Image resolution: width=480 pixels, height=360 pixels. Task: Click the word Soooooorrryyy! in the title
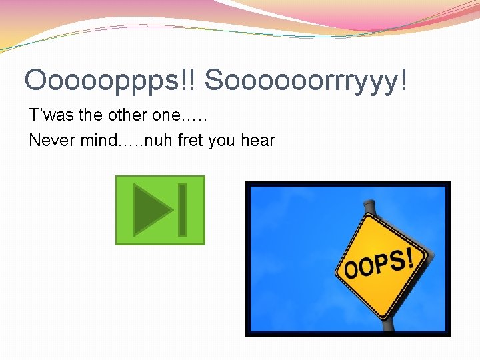coord(306,81)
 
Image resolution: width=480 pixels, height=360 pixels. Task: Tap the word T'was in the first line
coord(52,115)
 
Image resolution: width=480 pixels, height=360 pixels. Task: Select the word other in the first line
coord(129,115)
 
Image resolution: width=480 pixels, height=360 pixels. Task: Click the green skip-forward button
coord(160,210)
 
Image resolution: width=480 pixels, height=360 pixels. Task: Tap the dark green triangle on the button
coord(152,210)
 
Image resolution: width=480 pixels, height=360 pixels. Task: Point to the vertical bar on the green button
coord(182,210)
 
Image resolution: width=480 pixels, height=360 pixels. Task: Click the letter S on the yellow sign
coord(399,260)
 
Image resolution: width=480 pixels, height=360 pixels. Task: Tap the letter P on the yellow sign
coord(381,265)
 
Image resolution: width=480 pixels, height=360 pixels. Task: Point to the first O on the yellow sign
coord(351,271)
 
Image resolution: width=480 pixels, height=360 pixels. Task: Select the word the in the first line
coord(90,115)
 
